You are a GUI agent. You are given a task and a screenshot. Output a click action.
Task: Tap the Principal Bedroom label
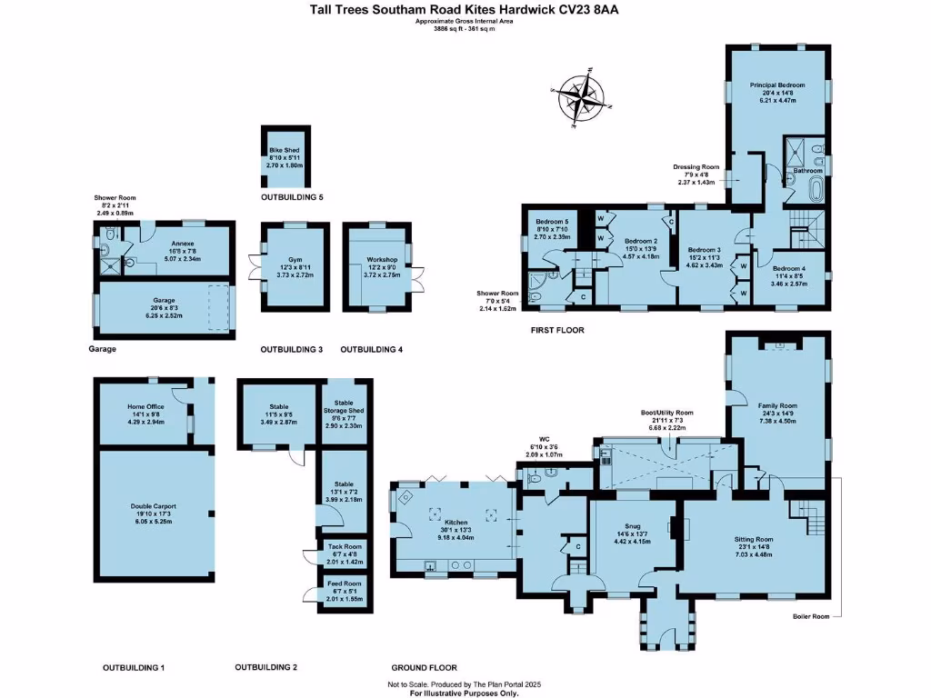(777, 85)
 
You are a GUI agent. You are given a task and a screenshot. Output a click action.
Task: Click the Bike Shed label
(284, 151)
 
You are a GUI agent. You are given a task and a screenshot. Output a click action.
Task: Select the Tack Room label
(345, 546)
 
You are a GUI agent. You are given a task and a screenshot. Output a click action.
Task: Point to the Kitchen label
(455, 523)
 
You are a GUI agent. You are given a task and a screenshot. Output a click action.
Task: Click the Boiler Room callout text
(811, 616)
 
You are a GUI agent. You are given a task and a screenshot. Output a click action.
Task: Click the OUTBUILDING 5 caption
(292, 197)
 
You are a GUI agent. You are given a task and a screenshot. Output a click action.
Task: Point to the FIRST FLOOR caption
(557, 330)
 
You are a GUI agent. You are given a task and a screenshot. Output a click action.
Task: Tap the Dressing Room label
(696, 167)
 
